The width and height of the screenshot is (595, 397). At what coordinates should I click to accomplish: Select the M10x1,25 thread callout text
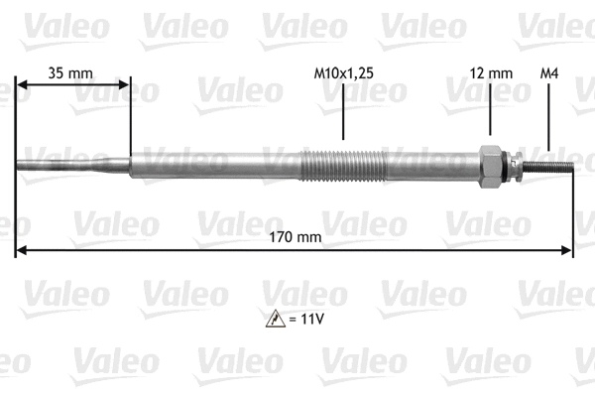point(343,72)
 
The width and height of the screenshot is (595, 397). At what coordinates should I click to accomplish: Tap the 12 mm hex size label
point(490,72)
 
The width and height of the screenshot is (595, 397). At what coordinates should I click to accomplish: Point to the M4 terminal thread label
point(547,72)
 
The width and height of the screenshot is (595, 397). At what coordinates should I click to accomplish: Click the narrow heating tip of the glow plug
point(55,164)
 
